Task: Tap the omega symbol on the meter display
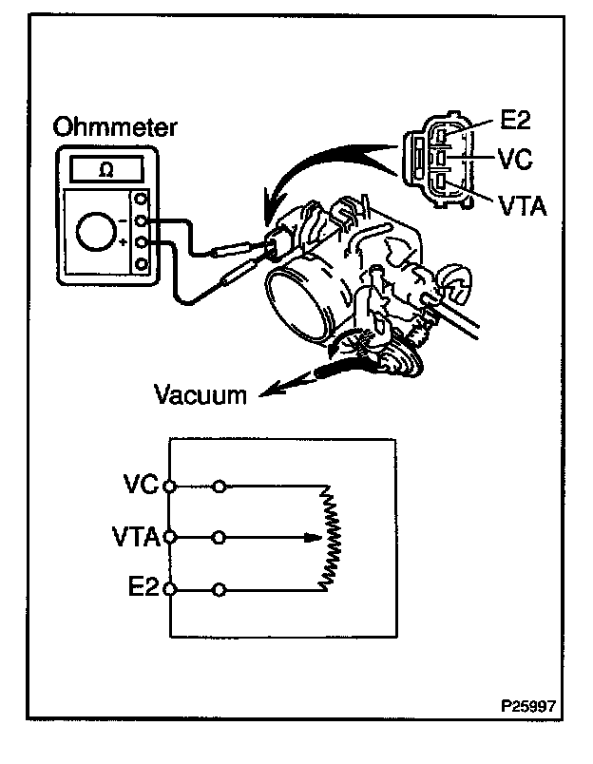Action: point(107,169)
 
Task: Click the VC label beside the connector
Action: point(512,158)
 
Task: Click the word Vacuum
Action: point(199,392)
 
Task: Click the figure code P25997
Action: point(528,708)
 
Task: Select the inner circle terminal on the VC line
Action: point(220,486)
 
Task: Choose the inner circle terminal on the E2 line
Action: point(220,590)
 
